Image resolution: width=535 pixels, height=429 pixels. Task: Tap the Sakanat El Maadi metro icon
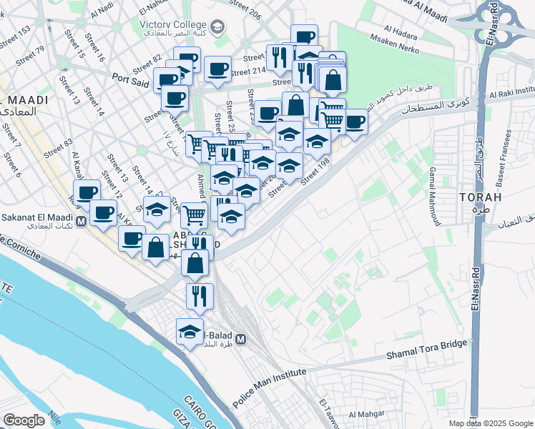pos(82,222)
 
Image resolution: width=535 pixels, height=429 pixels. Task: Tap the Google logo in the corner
pos(24,420)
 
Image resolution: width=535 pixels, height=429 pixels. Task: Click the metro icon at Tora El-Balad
pos(242,339)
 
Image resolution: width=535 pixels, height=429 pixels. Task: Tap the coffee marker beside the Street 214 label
pos(217,69)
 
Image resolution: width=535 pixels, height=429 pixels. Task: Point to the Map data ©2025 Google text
pos(491,423)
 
